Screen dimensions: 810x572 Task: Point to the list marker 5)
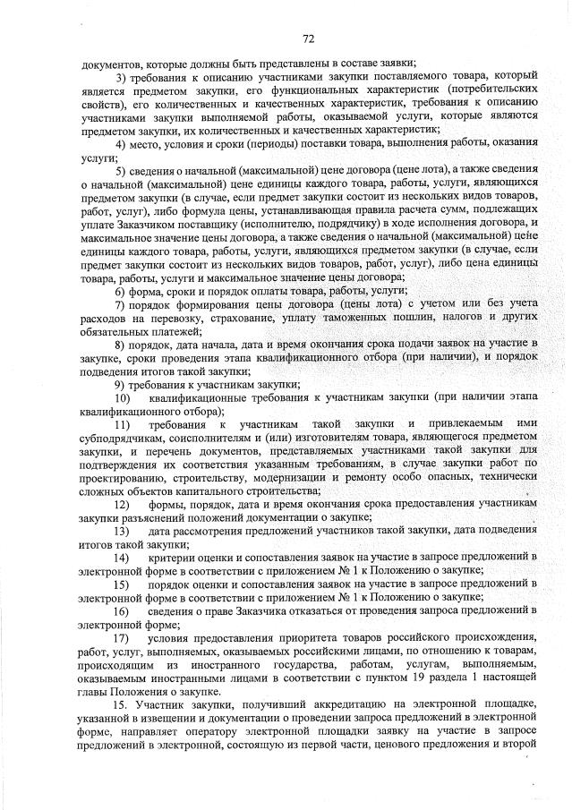[122, 170]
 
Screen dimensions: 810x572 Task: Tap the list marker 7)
[122, 305]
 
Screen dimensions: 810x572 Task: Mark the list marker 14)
[124, 557]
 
